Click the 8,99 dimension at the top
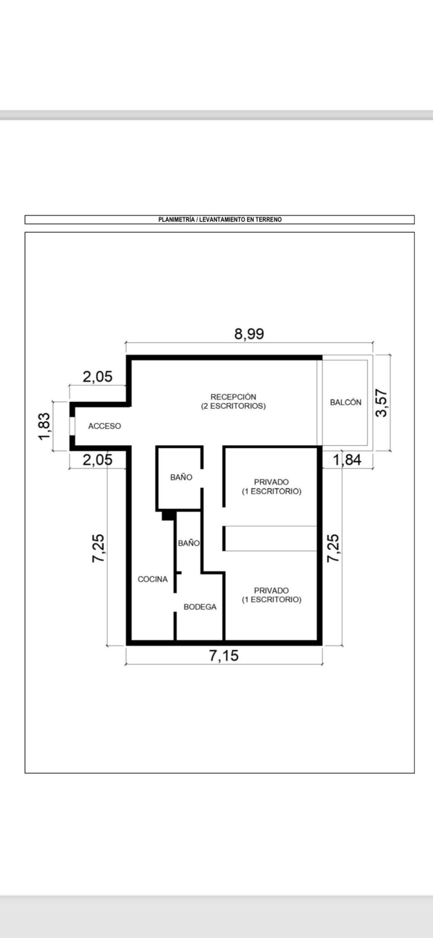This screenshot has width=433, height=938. point(249,334)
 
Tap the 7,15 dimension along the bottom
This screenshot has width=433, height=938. point(224,656)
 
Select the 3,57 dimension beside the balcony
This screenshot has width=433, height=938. point(382,403)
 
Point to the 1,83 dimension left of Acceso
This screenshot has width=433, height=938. point(45,426)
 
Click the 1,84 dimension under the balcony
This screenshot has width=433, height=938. point(347,460)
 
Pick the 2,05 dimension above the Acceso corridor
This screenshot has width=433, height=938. point(97,377)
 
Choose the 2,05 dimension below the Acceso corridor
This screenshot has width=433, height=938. point(97,460)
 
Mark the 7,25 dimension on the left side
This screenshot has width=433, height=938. point(98,548)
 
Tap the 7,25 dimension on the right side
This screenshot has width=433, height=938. point(333,548)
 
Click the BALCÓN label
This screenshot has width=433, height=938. point(345,402)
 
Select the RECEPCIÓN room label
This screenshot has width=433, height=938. point(233,397)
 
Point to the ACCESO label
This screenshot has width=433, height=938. point(105,426)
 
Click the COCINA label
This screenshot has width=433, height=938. point(152,579)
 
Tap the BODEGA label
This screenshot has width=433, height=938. point(200,607)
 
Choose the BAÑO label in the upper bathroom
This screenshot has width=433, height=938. point(181,477)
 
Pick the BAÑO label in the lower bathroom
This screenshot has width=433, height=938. point(189,543)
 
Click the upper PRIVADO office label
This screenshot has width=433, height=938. point(272,482)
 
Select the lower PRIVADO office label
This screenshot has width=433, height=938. point(272,591)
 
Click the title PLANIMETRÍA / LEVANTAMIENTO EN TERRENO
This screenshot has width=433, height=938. point(220,220)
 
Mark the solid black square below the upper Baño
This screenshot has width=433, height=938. point(168,515)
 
